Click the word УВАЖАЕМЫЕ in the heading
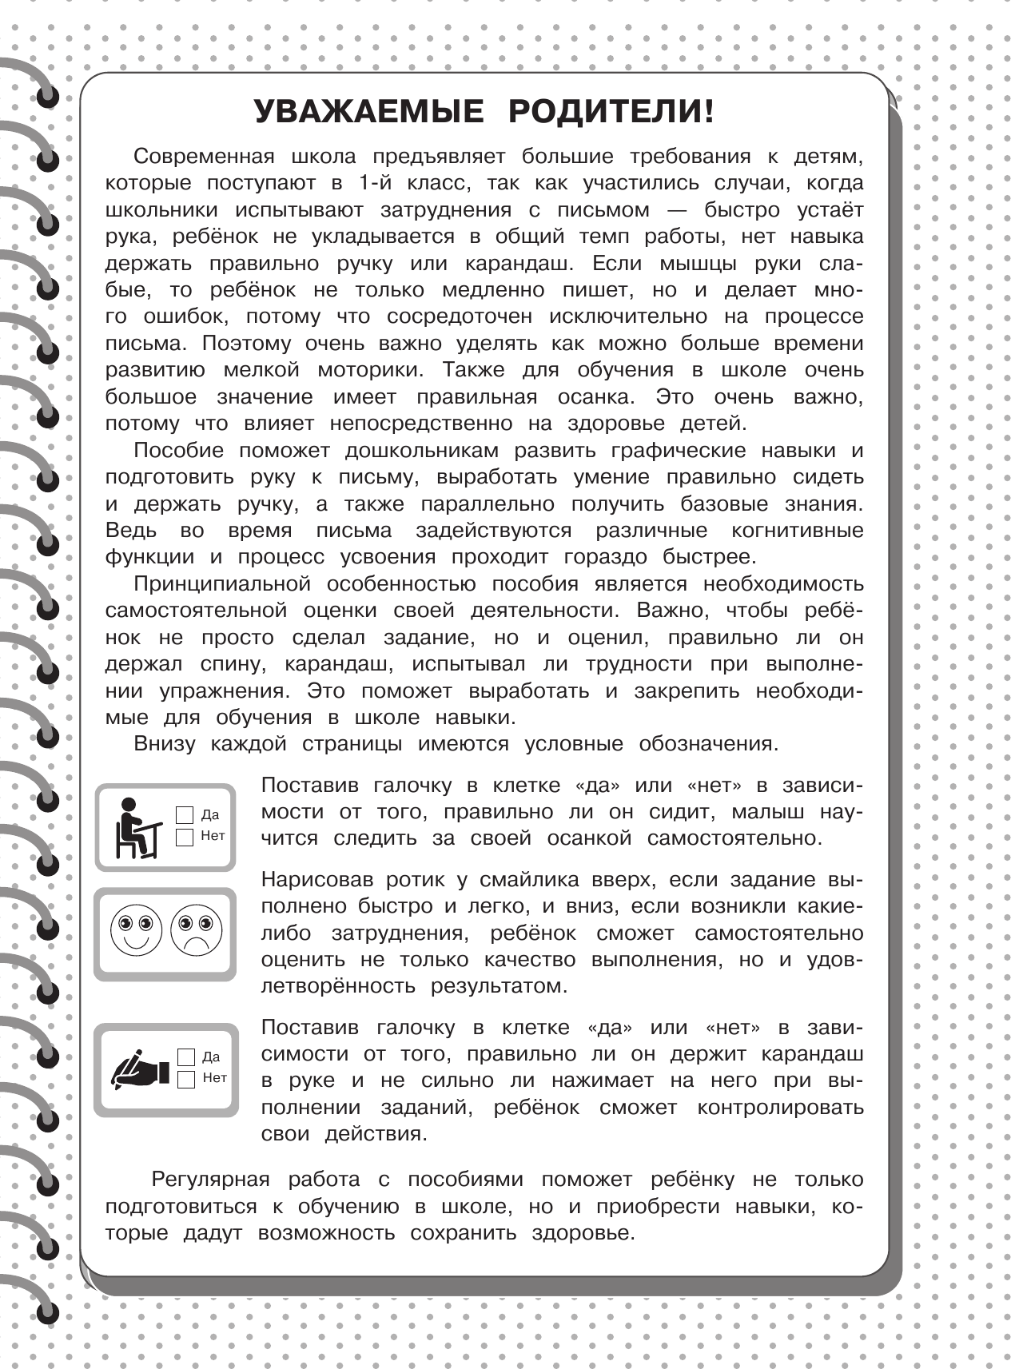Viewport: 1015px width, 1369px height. [x=368, y=112]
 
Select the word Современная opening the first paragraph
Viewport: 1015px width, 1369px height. [x=204, y=157]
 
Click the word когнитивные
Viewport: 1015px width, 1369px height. [x=797, y=531]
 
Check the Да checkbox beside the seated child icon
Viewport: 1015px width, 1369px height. [x=185, y=815]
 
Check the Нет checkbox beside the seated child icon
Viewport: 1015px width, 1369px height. [x=185, y=837]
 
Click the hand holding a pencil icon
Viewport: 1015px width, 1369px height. [x=141, y=1069]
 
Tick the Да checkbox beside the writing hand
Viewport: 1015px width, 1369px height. [x=186, y=1057]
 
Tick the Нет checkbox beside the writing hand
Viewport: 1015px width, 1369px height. [x=186, y=1079]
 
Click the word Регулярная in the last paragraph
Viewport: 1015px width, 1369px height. [x=210, y=1180]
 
